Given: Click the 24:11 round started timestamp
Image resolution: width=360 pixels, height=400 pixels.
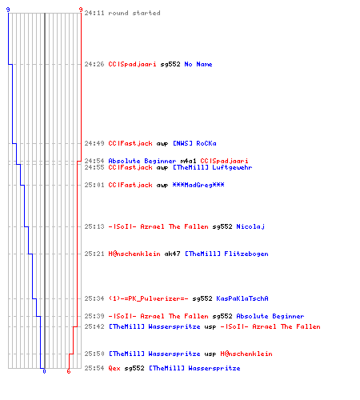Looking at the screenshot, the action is pyautogui.click(x=94, y=13).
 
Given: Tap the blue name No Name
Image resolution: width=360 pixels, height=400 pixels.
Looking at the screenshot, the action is pyautogui.click(x=198, y=64).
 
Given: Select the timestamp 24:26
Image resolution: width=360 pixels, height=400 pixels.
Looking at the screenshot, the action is pyautogui.click(x=94, y=64).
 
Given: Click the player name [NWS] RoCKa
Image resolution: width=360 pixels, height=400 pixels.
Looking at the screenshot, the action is pyautogui.click(x=194, y=143).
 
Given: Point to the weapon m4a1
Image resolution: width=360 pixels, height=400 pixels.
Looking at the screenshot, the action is pyautogui.click(x=188, y=161).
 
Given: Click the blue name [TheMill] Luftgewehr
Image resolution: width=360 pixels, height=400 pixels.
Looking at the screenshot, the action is pyautogui.click(x=212, y=167).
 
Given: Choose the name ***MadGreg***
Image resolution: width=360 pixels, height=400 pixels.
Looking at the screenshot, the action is pyautogui.click(x=198, y=185).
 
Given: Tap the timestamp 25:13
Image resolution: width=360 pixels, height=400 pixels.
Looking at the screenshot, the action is pyautogui.click(x=94, y=226).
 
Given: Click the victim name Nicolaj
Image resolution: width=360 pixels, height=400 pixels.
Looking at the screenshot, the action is pyautogui.click(x=250, y=226).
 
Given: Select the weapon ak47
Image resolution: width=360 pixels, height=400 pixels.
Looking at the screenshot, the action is pyautogui.click(x=172, y=254).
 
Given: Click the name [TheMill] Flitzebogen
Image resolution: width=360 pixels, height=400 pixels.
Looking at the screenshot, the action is pyautogui.click(x=226, y=254).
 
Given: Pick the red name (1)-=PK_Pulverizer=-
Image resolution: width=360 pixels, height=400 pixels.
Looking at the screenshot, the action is pyautogui.click(x=148, y=298).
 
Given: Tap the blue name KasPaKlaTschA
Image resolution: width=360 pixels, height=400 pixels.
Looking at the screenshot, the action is pyautogui.click(x=242, y=298).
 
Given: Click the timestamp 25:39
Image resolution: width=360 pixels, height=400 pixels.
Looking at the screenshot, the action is pyautogui.click(x=94, y=316).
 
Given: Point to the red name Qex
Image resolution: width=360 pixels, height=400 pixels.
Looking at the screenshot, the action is pyautogui.click(x=114, y=368).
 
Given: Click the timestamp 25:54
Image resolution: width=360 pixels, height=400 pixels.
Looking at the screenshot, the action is pyautogui.click(x=94, y=368).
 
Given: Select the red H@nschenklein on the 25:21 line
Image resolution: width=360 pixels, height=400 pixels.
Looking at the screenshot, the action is pyautogui.click(x=134, y=254).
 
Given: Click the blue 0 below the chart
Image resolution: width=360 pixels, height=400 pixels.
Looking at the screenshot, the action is pyautogui.click(x=44, y=371).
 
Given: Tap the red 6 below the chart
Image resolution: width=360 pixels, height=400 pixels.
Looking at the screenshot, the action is pyautogui.click(x=69, y=371).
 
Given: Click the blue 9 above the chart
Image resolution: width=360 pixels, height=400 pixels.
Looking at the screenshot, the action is pyautogui.click(x=8, y=10).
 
